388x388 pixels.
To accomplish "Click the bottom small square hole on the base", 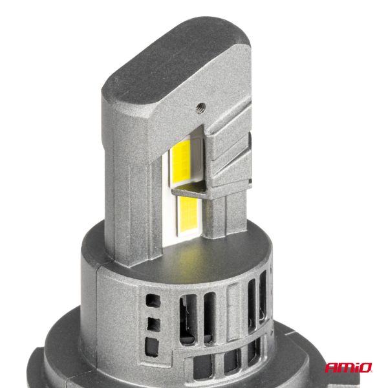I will (x=153, y=343).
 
